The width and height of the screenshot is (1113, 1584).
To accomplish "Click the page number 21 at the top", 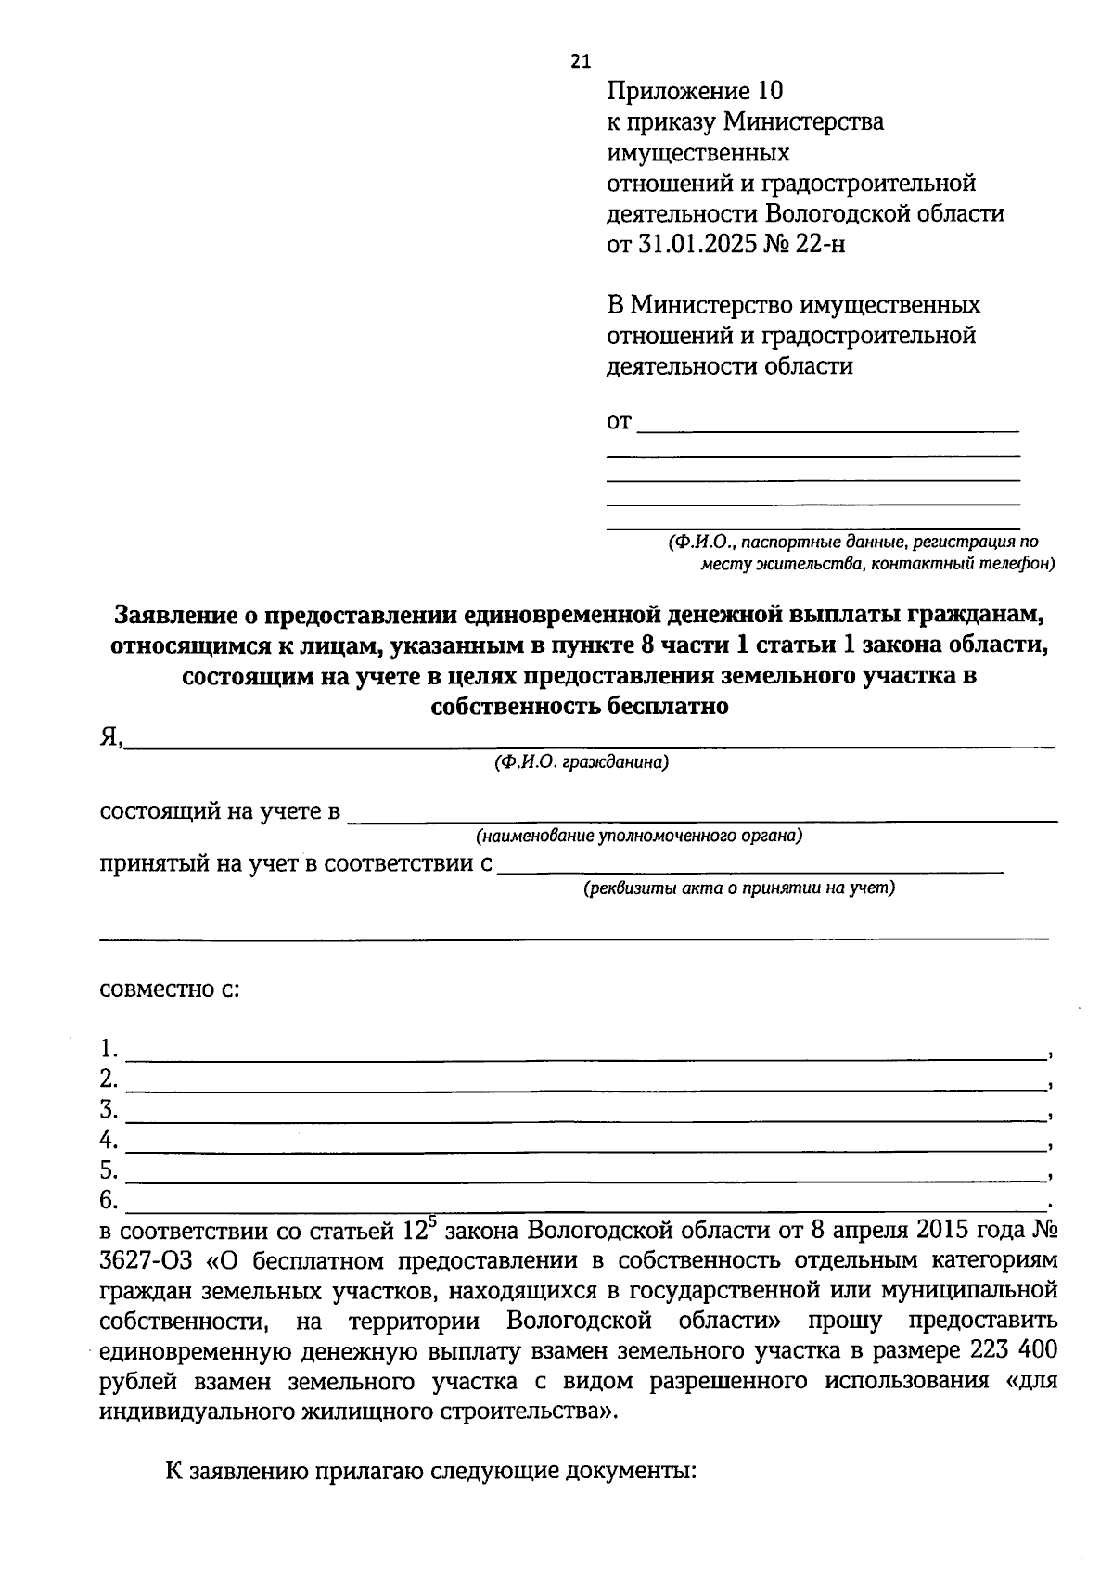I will (580, 62).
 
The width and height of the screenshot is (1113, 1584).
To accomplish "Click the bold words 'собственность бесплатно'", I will (580, 707).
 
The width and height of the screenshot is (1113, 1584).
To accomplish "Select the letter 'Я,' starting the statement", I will (110, 737).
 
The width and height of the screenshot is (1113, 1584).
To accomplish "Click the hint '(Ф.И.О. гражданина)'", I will (582, 762).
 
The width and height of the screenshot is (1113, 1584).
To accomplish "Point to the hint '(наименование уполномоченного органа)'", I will (639, 836).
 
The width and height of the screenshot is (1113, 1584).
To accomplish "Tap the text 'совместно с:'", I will (170, 989).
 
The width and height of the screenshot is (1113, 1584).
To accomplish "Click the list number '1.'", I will (109, 1050).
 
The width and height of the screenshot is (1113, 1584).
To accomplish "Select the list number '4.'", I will (109, 1140).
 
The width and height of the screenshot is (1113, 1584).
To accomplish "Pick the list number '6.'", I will (109, 1201).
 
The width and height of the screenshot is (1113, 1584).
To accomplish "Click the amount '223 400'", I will (1012, 1351).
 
